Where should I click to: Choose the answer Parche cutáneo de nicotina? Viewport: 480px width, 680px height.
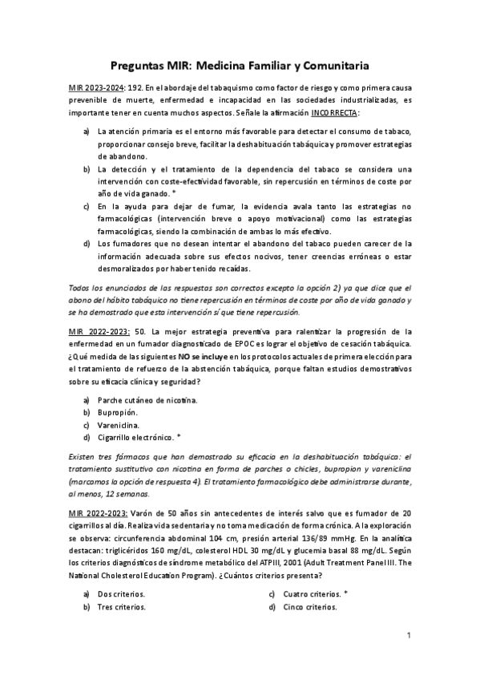[147, 399]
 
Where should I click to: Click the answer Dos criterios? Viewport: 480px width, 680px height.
[122, 594]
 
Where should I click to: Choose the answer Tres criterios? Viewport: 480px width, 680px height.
[122, 607]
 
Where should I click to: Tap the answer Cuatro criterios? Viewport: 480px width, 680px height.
[311, 594]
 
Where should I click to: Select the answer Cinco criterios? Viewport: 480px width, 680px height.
[309, 607]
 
